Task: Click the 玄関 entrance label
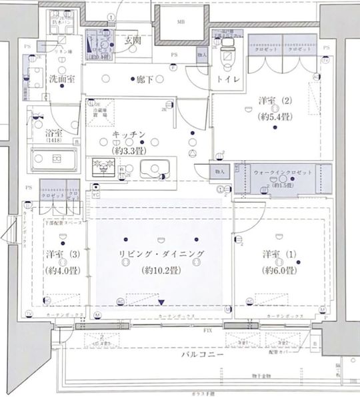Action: (132, 40)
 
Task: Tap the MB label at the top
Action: (181, 23)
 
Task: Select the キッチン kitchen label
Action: (129, 135)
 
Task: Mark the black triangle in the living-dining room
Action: (161, 303)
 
